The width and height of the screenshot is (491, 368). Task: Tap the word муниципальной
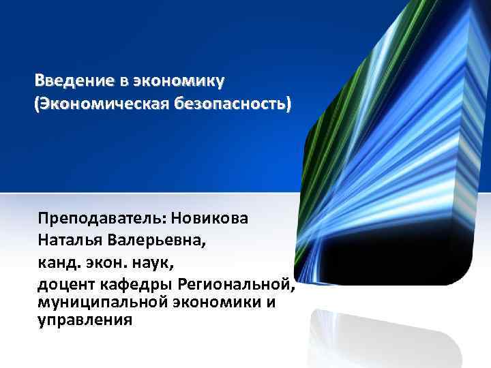coord(95,301)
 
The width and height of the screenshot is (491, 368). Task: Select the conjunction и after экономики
coord(271,301)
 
